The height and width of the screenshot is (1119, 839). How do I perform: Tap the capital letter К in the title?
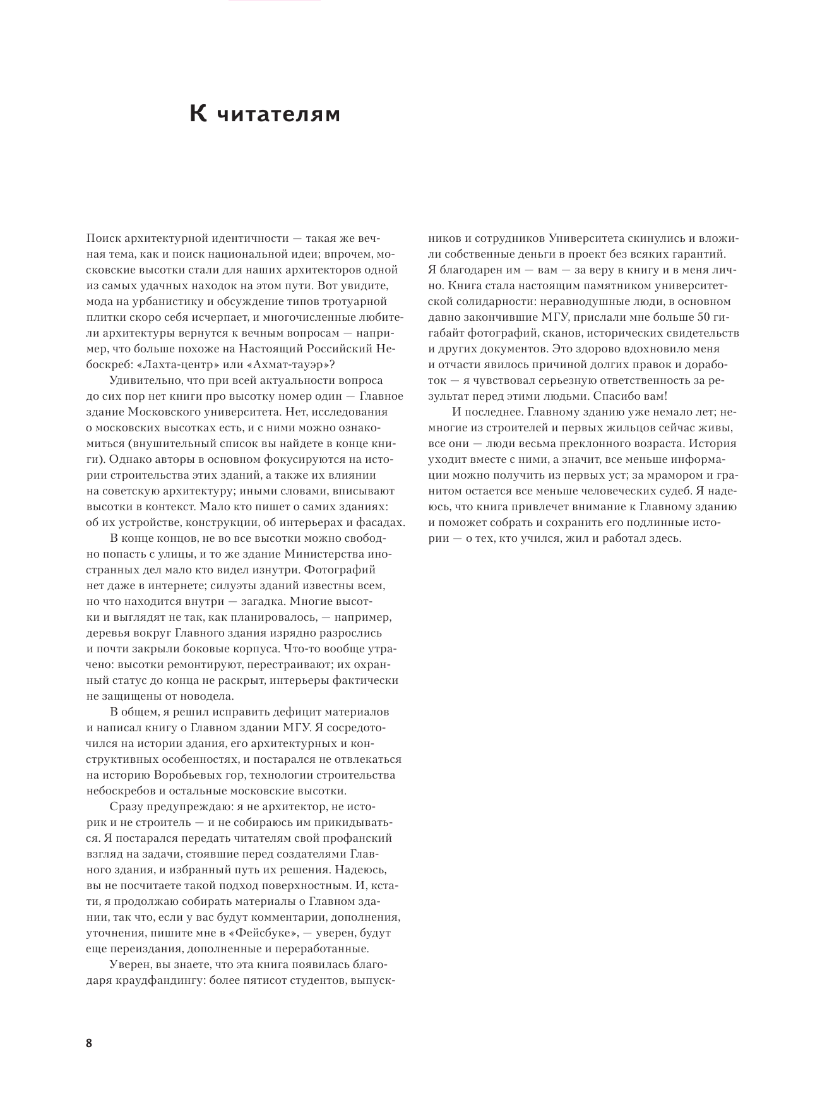198,114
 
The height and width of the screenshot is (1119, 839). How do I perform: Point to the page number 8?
89,1043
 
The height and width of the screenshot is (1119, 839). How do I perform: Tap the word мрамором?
684,475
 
